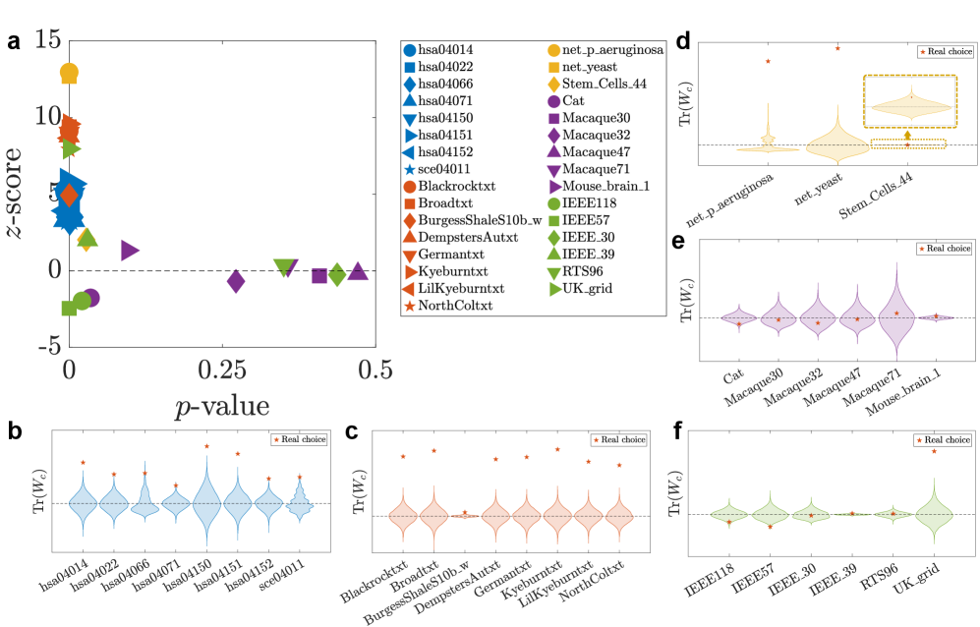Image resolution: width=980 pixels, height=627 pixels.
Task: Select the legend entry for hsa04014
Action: pyautogui.click(x=441, y=49)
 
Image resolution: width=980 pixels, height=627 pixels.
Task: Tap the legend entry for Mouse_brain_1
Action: pyautogui.click(x=603, y=186)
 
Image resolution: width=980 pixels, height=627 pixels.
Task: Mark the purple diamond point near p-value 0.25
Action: pyautogui.click(x=236, y=281)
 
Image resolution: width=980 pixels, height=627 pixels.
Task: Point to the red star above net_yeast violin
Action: pyautogui.click(x=837, y=47)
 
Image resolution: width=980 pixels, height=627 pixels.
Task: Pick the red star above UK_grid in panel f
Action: pyautogui.click(x=934, y=451)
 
